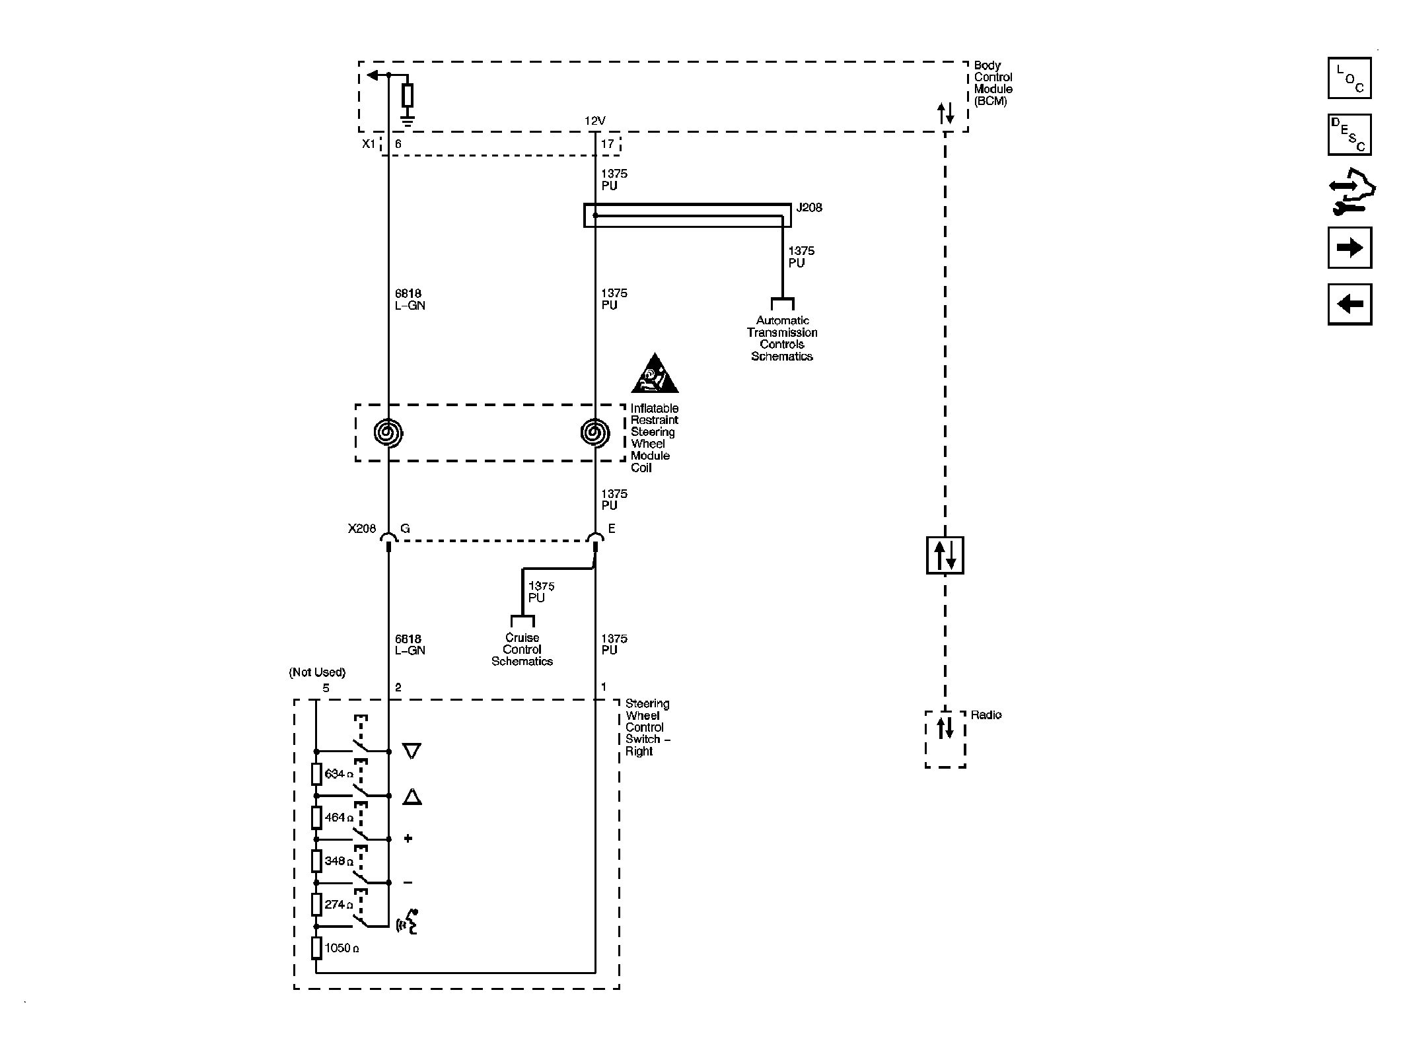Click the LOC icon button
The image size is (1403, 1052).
[x=1349, y=78]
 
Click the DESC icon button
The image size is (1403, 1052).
[x=1349, y=135]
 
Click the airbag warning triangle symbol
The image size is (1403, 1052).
[x=654, y=374]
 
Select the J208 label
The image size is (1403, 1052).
[x=809, y=207]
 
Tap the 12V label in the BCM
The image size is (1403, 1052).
[x=594, y=121]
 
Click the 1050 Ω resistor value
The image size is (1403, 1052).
[x=342, y=948]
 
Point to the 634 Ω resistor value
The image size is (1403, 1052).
[x=339, y=774]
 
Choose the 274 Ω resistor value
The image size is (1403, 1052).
[x=339, y=905]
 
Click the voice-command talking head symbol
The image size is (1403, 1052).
[x=408, y=922]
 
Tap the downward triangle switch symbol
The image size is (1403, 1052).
[x=412, y=751]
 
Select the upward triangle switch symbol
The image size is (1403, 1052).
[x=412, y=796]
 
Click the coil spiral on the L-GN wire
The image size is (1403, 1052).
[x=388, y=433]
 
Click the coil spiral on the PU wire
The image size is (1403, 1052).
[x=594, y=433]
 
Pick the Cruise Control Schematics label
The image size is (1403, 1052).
[x=522, y=650]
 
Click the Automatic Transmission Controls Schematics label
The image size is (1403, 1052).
[x=782, y=338]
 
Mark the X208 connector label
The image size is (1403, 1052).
[x=362, y=528]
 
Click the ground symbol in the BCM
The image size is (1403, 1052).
[x=408, y=121]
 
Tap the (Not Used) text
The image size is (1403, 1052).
[x=317, y=672]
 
